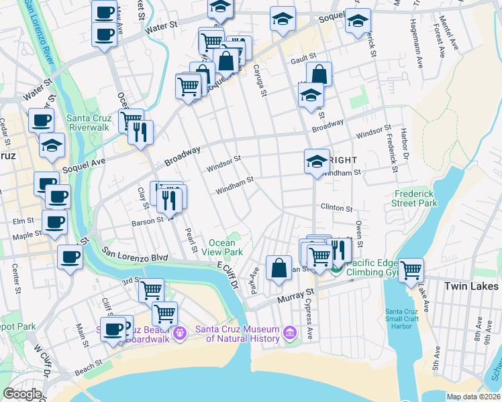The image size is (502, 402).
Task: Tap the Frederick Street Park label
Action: [415, 198]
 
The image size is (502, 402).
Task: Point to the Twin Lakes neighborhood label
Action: [471, 286]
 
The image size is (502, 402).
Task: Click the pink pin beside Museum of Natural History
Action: [289, 332]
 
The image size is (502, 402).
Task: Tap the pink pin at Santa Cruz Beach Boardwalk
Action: [179, 332]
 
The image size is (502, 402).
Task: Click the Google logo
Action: [23, 394]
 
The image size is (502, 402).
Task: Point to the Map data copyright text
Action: [472, 397]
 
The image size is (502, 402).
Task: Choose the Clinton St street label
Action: [337, 208]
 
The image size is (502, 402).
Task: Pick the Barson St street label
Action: [147, 221]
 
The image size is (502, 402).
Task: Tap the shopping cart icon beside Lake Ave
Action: [411, 270]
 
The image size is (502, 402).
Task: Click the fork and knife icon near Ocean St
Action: [140, 131]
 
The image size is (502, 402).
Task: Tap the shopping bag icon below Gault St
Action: [319, 74]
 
